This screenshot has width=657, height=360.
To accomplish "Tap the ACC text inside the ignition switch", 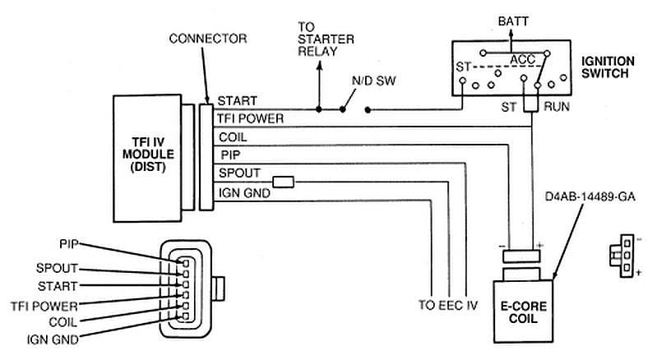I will [522, 60].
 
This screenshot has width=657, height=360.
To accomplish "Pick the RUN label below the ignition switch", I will [553, 106].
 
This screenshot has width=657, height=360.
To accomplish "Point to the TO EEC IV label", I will [447, 304].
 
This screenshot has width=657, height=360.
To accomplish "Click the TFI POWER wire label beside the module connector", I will [251, 118].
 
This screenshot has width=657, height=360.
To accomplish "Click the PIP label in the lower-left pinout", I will [69, 244].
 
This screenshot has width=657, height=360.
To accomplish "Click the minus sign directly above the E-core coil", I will [499, 245].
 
